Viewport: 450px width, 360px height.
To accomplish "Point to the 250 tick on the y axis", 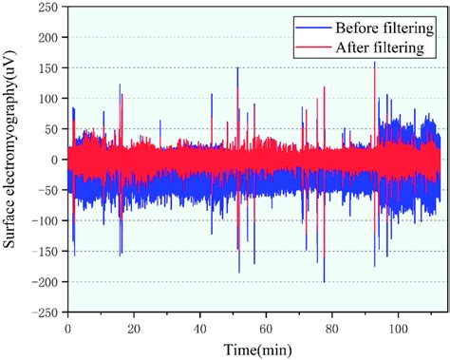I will tap(47, 8).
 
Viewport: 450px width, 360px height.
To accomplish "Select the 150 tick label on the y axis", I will tap(47, 68).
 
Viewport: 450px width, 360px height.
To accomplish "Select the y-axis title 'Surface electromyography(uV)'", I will tap(11, 160).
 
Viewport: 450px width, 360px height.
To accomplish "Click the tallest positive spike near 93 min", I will tap(375, 63).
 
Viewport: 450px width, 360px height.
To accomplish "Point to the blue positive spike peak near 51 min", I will tap(237, 68).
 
